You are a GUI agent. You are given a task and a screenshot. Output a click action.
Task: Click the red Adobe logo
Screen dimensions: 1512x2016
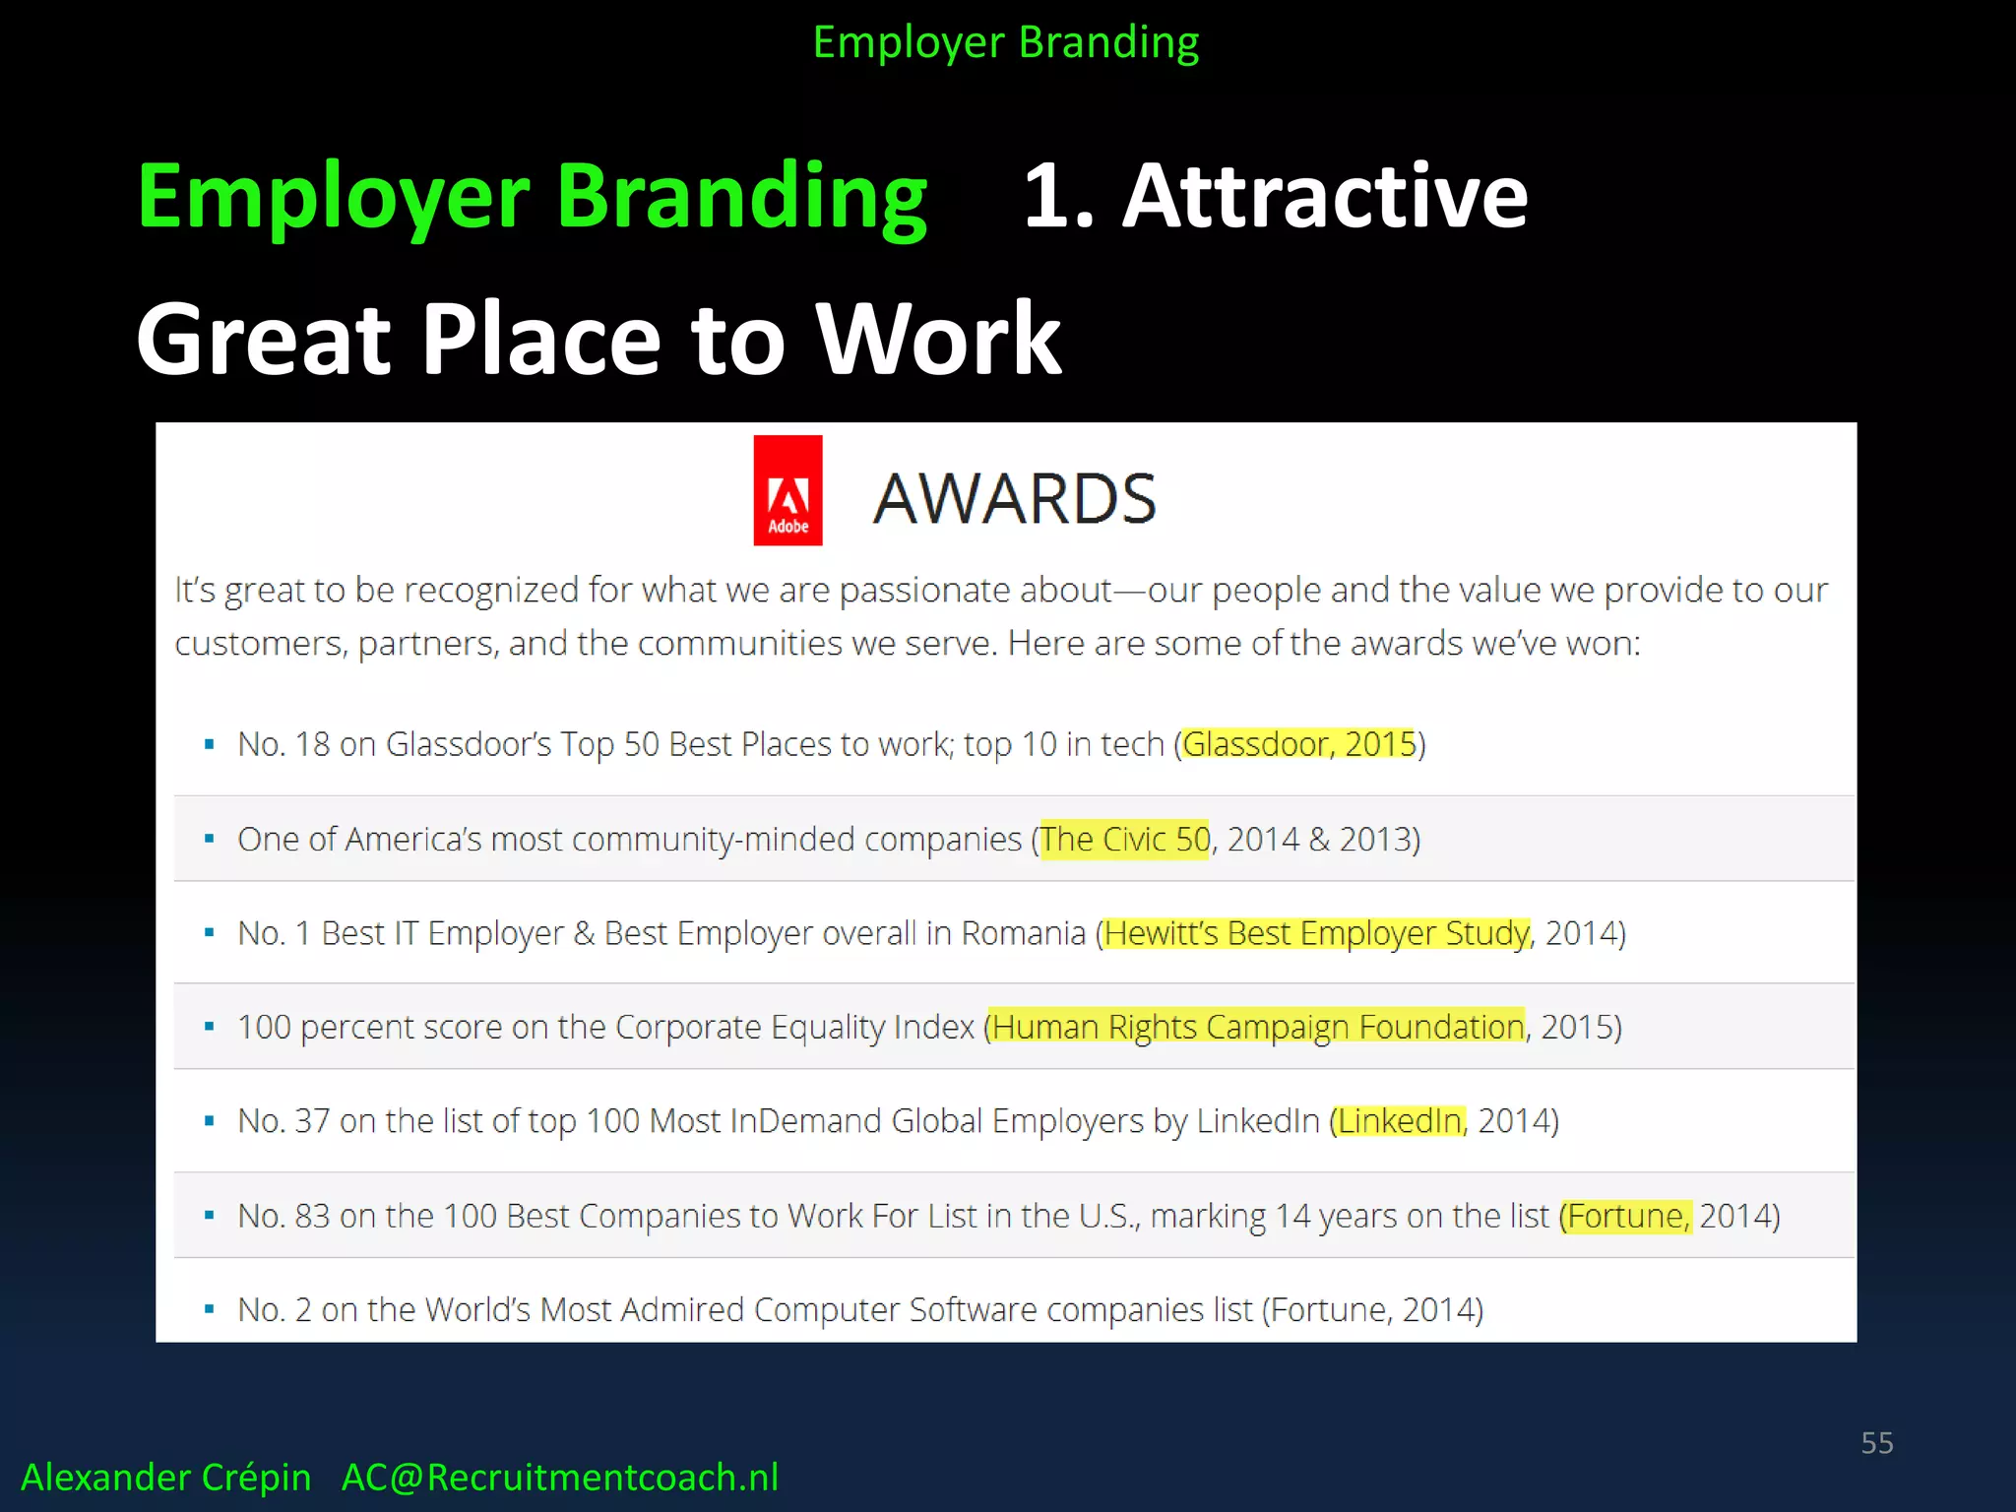(787, 490)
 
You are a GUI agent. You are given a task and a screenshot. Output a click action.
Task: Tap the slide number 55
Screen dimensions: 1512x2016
(1876, 1443)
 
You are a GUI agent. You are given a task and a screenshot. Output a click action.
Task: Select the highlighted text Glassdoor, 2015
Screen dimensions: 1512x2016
(1298, 744)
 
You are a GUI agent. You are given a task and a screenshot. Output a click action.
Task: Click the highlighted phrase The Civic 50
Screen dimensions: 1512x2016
(1124, 840)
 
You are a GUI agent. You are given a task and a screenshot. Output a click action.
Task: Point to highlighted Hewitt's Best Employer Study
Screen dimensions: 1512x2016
(1317, 933)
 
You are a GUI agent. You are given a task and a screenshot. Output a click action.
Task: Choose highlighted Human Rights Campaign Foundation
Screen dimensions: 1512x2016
(1257, 1027)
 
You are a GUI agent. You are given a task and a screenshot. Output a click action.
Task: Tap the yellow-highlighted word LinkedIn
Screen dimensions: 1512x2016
(1399, 1121)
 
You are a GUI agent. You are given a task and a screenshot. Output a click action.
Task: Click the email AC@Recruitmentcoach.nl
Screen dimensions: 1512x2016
(559, 1478)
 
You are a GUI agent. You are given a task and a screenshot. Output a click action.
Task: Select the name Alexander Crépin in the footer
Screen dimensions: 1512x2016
(165, 1478)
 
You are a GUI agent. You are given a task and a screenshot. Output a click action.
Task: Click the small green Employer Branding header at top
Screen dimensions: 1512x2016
(1005, 43)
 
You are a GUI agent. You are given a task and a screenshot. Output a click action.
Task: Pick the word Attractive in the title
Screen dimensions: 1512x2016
(1325, 197)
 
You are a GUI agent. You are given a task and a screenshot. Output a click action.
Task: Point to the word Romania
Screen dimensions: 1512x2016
(1023, 933)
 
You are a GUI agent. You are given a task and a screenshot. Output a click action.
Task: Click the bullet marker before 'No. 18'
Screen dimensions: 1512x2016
(209, 745)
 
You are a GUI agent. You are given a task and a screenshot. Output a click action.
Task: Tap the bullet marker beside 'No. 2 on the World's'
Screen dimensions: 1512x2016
(209, 1310)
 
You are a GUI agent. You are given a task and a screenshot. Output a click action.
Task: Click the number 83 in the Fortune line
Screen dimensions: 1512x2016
(312, 1216)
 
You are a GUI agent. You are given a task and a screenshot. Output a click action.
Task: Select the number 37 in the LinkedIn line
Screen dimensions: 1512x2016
(312, 1121)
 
